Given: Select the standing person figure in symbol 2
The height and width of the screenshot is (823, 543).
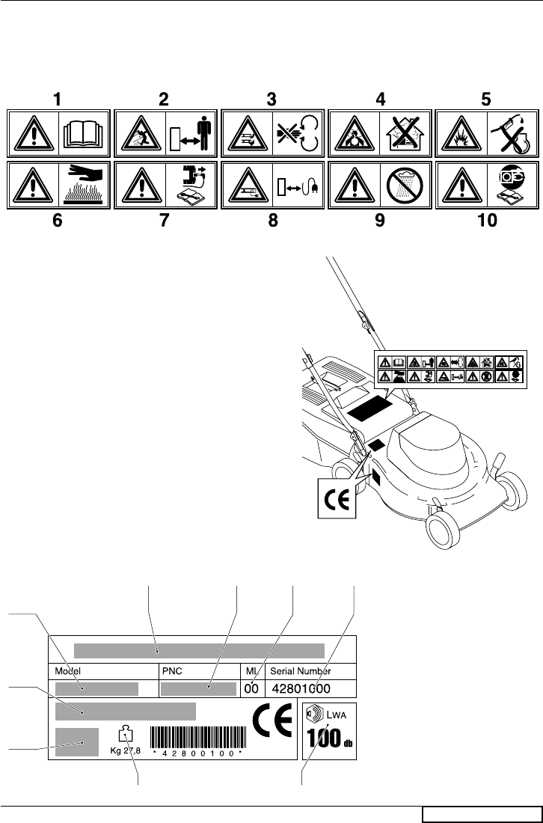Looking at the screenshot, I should point(203,132).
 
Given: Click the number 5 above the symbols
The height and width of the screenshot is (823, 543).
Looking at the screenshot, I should point(490,98).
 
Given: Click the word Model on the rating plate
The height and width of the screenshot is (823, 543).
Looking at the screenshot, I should point(66,670).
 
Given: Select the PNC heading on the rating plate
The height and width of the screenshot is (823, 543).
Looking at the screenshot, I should point(171,670).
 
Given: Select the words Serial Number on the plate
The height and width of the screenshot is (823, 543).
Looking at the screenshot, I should point(300,670).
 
